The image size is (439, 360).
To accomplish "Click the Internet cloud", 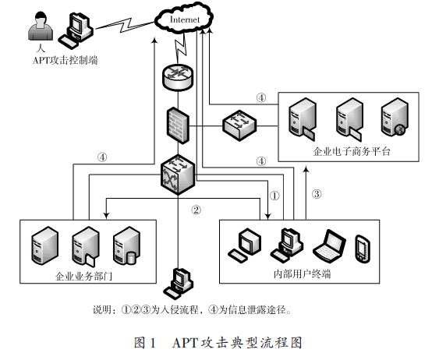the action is (x=184, y=18).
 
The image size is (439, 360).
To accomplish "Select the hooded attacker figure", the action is (x=41, y=26).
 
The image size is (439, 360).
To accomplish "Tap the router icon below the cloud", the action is (x=178, y=77).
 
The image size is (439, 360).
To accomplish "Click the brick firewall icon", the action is (x=178, y=125).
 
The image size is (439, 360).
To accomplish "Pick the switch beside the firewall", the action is (x=239, y=125).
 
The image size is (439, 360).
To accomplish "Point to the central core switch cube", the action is (x=178, y=175).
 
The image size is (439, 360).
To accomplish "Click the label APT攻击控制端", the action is (x=65, y=60).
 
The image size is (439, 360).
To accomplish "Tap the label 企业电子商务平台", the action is (x=352, y=151).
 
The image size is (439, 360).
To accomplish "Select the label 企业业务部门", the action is (x=84, y=277).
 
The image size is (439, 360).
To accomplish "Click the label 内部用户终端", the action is (x=302, y=274).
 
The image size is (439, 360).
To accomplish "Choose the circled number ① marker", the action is (x=274, y=196).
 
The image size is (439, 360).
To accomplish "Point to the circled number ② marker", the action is (x=196, y=210).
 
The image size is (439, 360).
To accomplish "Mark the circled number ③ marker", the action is (x=317, y=194).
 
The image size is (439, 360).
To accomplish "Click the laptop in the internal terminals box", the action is (x=330, y=246).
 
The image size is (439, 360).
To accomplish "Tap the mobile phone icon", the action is (x=363, y=249).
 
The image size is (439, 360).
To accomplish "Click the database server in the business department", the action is (x=126, y=246).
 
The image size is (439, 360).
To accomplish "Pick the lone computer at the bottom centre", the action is (x=179, y=284).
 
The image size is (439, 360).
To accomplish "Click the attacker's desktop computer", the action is (x=76, y=30).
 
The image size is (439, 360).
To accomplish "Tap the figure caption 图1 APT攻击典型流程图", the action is (x=218, y=343).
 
